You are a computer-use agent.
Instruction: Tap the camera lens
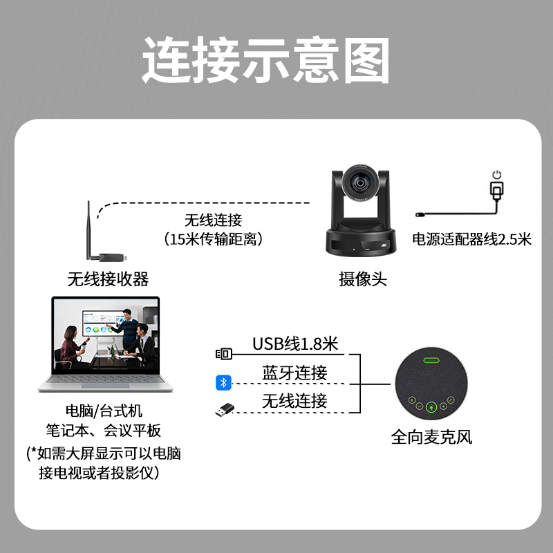tap(361, 183)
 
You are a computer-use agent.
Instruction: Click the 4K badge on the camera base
tap(382, 244)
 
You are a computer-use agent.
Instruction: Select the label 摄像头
tap(362, 279)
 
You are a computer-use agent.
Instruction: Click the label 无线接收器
tap(108, 279)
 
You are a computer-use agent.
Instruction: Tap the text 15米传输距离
tap(214, 239)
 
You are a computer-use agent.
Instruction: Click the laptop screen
tap(105, 336)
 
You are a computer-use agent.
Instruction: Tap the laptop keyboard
tap(105, 384)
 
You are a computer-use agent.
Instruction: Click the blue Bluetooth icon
tap(223, 382)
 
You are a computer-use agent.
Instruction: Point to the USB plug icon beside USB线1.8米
tap(223, 354)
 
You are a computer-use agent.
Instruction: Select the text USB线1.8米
tap(294, 344)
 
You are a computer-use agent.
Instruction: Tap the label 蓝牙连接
tap(294, 373)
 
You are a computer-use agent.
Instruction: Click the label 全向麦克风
tap(432, 437)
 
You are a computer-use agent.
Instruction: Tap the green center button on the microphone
tap(431, 407)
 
